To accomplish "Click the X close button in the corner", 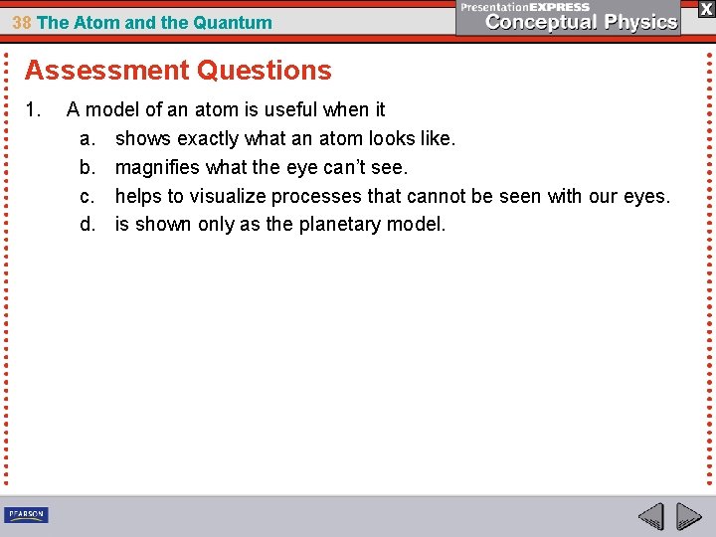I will [705, 8].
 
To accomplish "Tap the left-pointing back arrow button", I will [651, 516].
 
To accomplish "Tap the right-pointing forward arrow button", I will [688, 516].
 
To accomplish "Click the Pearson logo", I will [26, 514].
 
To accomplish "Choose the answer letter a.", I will [87, 138].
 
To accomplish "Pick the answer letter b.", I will [87, 167].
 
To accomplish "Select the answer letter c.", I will [87, 196].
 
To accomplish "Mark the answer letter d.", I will [87, 224].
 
